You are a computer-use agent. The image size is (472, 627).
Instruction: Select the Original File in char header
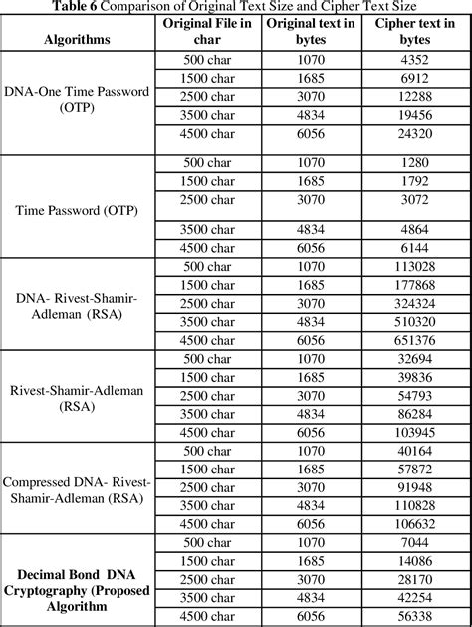pos(208,31)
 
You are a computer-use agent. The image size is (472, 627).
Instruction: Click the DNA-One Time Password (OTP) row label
pos(77,98)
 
